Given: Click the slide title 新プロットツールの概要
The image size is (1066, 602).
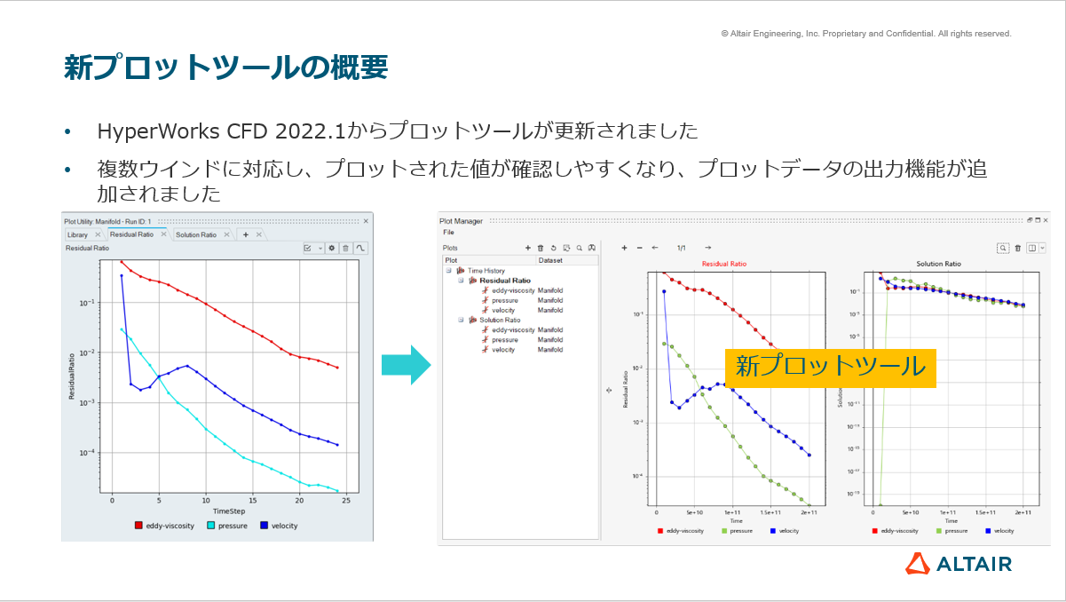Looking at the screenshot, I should tap(225, 67).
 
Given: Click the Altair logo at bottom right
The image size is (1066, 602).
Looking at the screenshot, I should tap(959, 563).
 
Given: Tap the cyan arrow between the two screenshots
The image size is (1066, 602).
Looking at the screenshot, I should tap(406, 365).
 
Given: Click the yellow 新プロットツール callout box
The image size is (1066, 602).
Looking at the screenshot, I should tap(830, 367).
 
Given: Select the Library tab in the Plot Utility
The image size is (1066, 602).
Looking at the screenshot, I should tap(78, 234).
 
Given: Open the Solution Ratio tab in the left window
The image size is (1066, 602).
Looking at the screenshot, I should tap(195, 234).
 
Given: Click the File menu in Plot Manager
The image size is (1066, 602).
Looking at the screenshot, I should tap(448, 232).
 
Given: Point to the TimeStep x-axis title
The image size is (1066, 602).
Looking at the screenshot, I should tap(229, 511).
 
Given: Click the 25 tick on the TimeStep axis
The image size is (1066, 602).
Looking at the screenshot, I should tap(346, 501).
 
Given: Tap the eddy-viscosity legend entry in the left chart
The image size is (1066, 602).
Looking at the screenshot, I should tap(163, 526).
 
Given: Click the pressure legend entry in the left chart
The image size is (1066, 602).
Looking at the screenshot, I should tap(229, 526).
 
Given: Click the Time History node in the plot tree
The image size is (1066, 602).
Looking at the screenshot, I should tap(486, 270).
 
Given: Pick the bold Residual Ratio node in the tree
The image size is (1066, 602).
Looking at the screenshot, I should tap(505, 280).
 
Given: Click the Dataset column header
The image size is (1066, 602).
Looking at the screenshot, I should tap(550, 260).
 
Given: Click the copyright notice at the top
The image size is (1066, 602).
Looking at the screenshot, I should tap(865, 34).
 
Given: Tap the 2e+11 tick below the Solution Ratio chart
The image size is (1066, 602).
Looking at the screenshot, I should tap(1023, 512).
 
